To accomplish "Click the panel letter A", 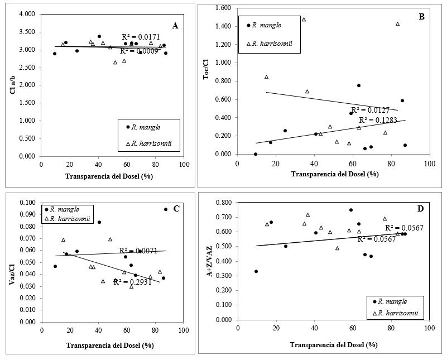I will [x=175, y=25].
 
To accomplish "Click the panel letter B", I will [x=422, y=17].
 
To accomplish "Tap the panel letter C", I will [x=176, y=209].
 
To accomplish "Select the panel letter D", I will [x=421, y=208].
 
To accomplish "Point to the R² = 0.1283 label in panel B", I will [x=378, y=119].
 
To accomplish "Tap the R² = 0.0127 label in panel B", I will [x=370, y=110].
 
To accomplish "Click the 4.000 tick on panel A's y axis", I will [x=27, y=14].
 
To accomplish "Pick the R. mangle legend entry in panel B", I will [x=266, y=25].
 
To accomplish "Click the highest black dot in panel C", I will [x=166, y=209].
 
